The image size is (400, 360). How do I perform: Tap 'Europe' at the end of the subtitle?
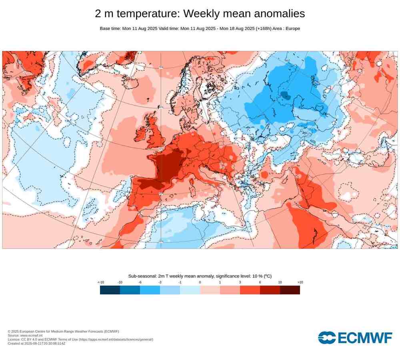[292, 28]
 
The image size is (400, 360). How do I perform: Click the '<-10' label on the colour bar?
[101, 282]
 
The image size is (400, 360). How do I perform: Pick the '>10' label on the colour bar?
[300, 282]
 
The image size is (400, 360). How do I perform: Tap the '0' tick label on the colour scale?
[200, 282]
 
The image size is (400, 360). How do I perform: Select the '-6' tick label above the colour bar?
[140, 282]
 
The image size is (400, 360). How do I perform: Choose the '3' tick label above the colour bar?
[240, 282]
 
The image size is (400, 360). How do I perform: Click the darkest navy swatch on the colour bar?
[110, 290]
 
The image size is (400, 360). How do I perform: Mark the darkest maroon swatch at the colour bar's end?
[290, 290]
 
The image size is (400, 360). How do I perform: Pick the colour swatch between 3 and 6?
[250, 290]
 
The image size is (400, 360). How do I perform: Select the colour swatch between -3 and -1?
[170, 290]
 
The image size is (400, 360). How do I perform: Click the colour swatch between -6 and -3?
[150, 290]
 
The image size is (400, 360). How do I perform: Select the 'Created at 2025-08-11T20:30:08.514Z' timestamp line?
[36, 344]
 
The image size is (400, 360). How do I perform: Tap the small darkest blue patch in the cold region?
[286, 95]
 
